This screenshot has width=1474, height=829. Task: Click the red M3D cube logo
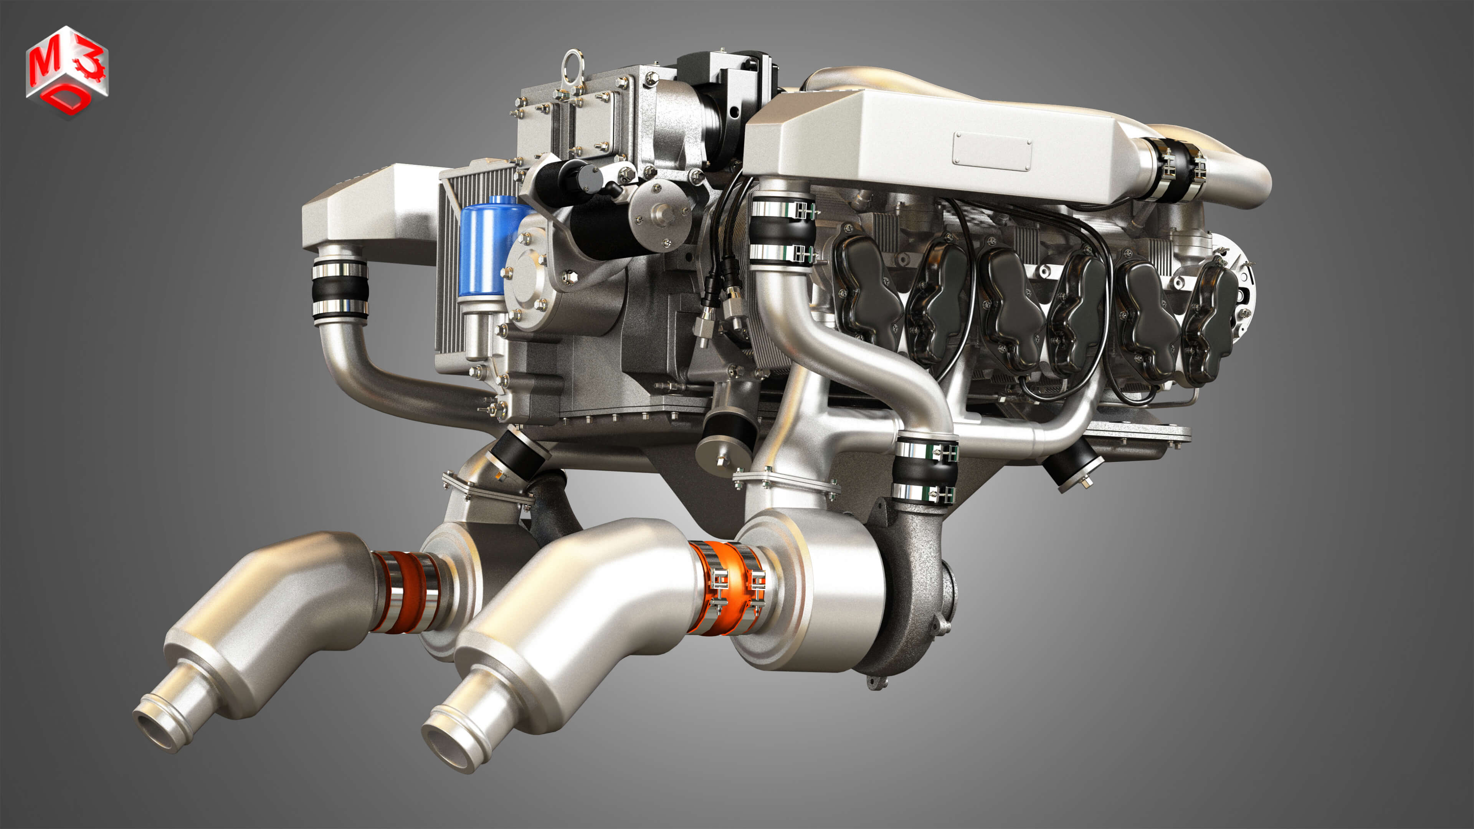(x=67, y=71)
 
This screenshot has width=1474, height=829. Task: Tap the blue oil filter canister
(x=485, y=246)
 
